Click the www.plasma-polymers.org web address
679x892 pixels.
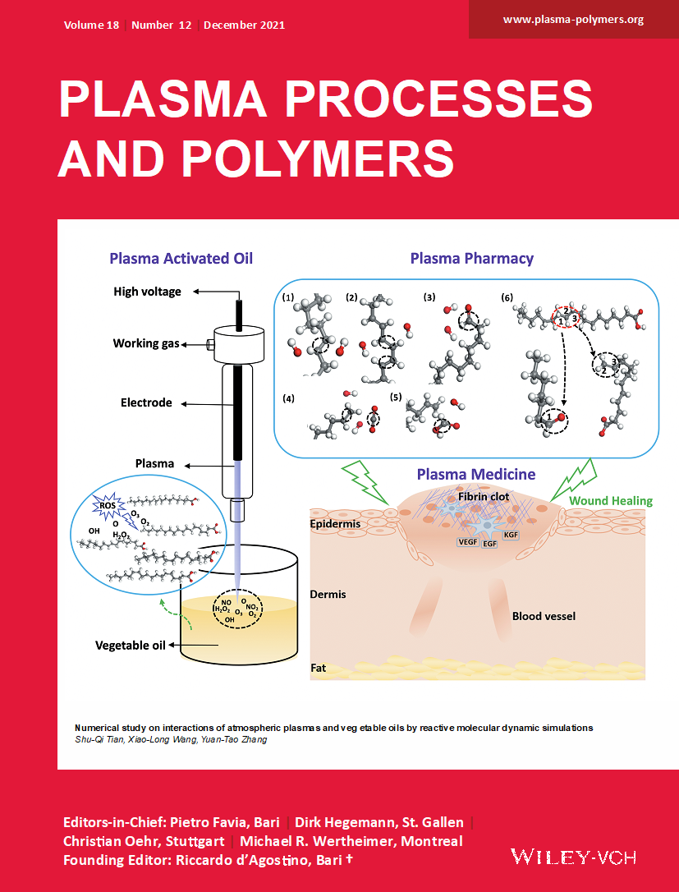coord(573,19)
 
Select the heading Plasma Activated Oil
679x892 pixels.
coord(181,259)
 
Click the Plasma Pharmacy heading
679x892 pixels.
coord(471,259)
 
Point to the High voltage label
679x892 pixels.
coord(147,292)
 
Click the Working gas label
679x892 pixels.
coord(146,343)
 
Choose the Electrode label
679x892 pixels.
coord(146,403)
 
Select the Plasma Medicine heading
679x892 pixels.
coord(476,474)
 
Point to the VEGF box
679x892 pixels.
coord(469,542)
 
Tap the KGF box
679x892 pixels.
coord(511,534)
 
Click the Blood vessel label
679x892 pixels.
coord(544,616)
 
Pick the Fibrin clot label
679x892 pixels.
coord(484,497)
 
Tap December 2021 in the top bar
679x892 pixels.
coord(244,25)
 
